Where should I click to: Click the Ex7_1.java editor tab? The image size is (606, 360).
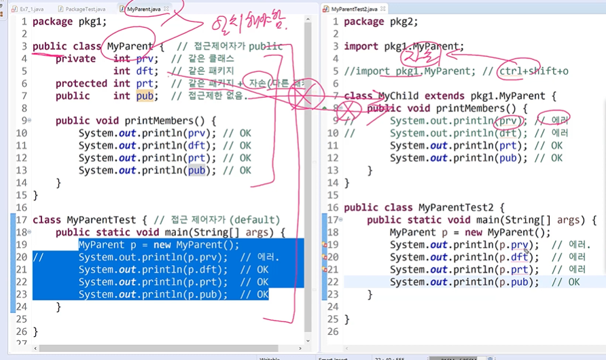(31, 10)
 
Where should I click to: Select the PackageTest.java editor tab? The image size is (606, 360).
(84, 10)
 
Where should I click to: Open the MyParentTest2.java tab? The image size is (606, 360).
(354, 10)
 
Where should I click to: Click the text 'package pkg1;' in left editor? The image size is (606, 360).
(69, 21)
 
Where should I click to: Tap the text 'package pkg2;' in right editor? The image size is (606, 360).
(381, 21)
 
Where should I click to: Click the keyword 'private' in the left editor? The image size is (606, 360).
(75, 58)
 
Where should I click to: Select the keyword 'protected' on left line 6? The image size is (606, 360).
(82, 84)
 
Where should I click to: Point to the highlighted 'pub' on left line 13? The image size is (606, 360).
(197, 170)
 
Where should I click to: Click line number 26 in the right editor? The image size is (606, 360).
(333, 331)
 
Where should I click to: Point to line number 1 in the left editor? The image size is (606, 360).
(24, 21)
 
